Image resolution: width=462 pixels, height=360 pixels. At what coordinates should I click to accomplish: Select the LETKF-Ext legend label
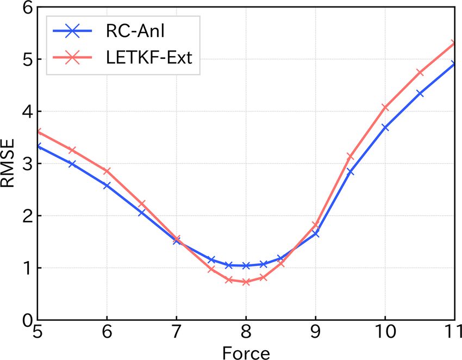147,57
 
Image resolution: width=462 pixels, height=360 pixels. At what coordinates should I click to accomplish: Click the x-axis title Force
246,352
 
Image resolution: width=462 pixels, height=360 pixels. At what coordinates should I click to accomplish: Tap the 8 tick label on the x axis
246,332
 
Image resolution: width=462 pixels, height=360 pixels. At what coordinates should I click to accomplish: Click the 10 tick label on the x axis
385,332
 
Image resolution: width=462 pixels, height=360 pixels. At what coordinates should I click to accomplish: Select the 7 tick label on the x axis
176,332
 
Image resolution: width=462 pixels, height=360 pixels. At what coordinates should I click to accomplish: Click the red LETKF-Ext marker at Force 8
246,282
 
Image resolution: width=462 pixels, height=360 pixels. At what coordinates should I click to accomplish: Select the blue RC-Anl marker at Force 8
246,265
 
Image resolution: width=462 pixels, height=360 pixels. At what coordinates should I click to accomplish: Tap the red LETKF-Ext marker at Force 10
385,107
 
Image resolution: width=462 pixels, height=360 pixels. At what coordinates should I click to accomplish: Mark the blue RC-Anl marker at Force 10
385,127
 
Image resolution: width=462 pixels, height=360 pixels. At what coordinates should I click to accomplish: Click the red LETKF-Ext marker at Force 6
107,171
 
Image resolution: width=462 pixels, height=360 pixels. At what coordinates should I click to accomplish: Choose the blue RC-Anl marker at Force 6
107,185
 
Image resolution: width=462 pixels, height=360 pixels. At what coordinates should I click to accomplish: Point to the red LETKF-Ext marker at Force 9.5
350,157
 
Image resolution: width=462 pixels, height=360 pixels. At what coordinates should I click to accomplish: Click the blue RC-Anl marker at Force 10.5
420,94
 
